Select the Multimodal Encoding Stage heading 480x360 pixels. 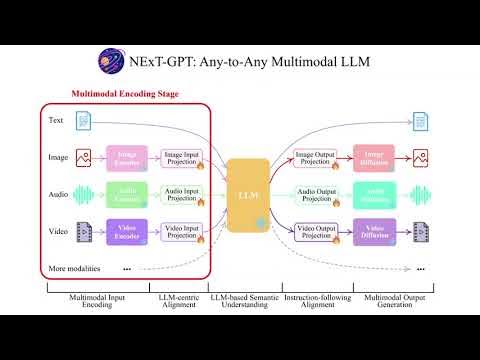pos(125,95)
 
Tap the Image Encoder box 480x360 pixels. pos(126,156)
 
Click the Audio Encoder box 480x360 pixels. pos(126,194)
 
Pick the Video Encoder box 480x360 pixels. pos(126,232)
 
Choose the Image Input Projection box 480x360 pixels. pos(182,156)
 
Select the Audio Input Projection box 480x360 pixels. pos(182,194)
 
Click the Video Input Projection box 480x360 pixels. pos(182,232)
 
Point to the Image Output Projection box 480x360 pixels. pos(318,156)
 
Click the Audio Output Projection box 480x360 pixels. pos(318,194)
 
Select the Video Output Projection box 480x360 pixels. pos(318,232)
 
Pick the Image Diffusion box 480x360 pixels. pos(374,156)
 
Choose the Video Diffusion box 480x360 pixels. pos(374,232)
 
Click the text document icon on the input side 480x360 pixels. pos(84,121)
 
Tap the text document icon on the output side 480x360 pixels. pos(421,121)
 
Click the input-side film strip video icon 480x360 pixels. pos(84,232)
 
